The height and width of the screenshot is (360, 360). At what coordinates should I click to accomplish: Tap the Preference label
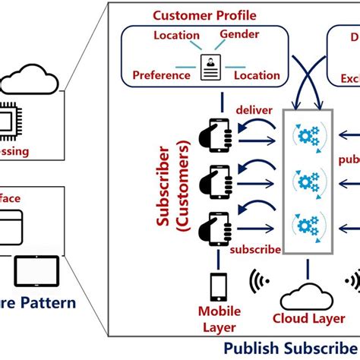coord(160,75)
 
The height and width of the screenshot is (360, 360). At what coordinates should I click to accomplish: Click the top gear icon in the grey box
coord(307,137)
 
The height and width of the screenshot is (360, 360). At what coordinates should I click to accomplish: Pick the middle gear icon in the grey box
coord(307,183)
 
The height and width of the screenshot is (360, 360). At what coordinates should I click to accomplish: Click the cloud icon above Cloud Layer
coord(308,292)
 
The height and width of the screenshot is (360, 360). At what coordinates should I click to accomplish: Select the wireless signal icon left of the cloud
coord(258,283)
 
